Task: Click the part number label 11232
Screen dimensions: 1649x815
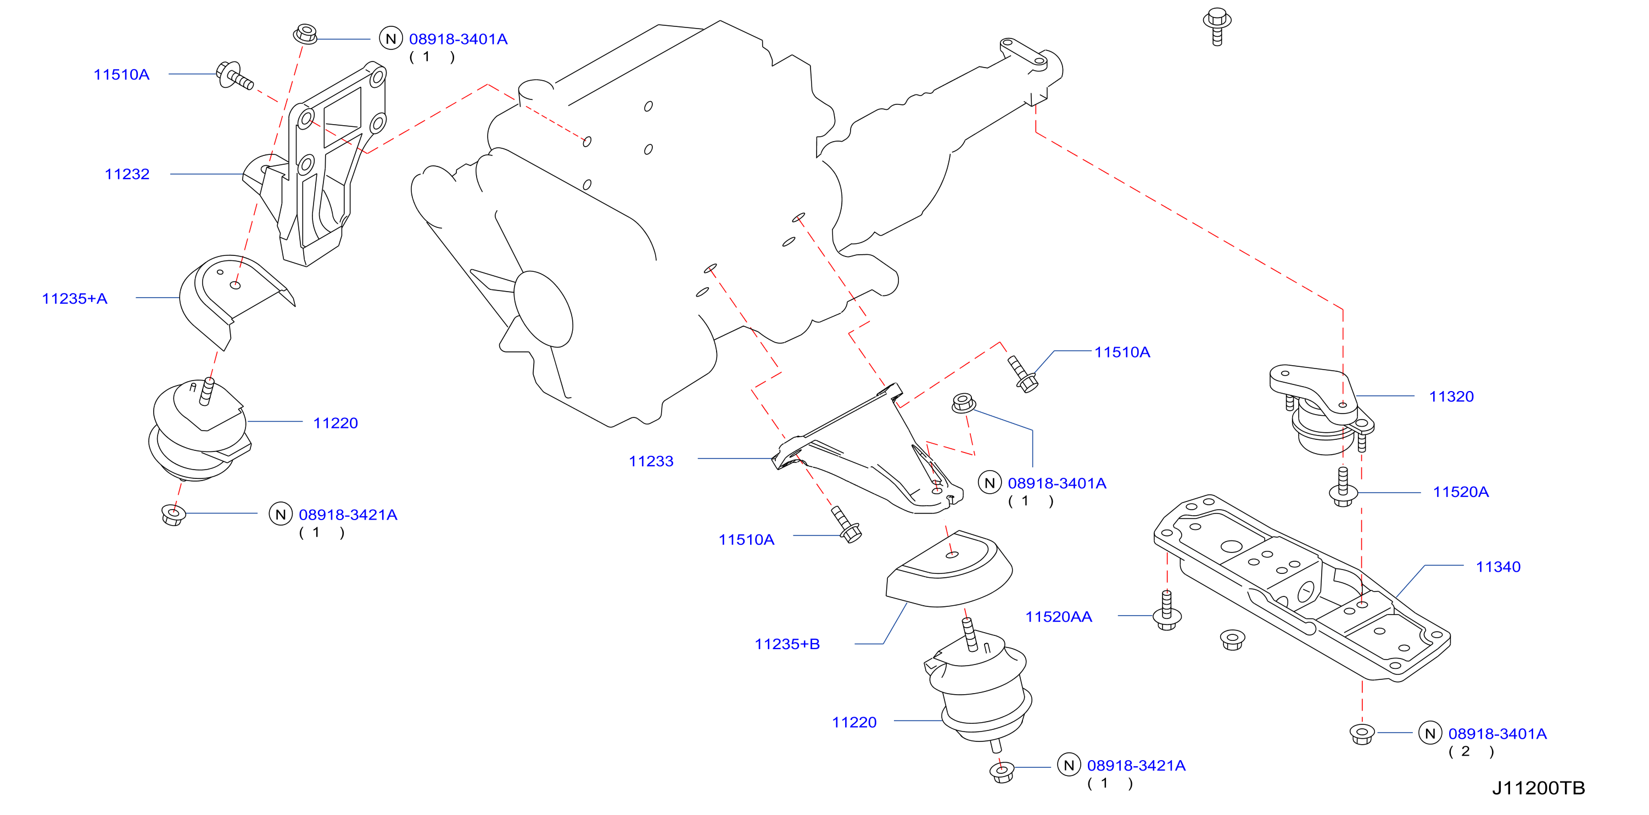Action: (x=127, y=174)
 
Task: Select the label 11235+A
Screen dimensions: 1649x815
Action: (x=74, y=298)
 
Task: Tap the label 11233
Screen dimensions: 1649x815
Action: (x=651, y=461)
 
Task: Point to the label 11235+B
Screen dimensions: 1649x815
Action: (x=787, y=644)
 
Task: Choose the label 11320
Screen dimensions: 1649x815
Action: (x=1451, y=397)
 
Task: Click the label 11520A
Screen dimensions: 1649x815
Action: (x=1461, y=492)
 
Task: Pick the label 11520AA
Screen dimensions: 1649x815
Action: (x=1059, y=617)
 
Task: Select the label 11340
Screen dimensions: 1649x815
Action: (x=1498, y=567)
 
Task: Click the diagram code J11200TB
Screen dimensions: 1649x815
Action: (x=1538, y=788)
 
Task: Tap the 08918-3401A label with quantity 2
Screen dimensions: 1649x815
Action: (x=1497, y=734)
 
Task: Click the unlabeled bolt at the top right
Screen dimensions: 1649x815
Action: (x=1217, y=26)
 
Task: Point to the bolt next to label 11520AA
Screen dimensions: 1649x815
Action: (x=1167, y=611)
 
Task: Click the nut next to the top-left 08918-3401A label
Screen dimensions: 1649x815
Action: (x=306, y=34)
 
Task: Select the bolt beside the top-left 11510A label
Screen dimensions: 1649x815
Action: (x=234, y=76)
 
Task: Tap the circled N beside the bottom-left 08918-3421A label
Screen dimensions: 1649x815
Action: (x=281, y=513)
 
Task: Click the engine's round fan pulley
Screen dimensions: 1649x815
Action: (x=543, y=309)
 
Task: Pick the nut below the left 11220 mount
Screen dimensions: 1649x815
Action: (x=174, y=514)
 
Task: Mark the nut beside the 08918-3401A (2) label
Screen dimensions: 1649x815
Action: (x=1362, y=734)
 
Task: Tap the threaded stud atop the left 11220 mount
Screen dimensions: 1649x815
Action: (x=207, y=391)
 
